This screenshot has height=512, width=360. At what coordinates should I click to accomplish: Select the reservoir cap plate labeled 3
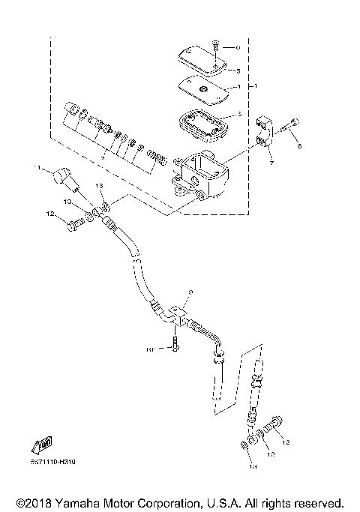[201, 63]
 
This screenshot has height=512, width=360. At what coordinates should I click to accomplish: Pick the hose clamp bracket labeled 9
[177, 311]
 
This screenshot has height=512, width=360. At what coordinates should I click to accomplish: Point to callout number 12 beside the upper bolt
[51, 216]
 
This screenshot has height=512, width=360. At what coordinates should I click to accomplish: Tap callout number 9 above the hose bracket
[190, 291]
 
